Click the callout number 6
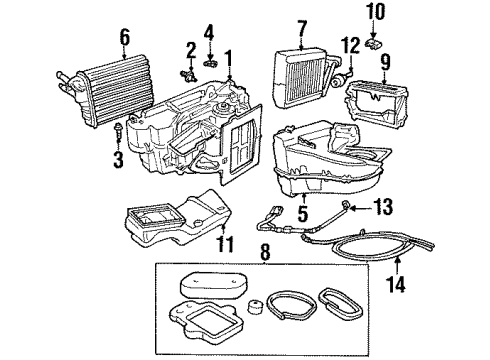(x=125, y=37)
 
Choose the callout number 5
(x=301, y=211)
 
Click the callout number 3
(x=118, y=158)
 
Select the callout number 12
(x=349, y=46)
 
